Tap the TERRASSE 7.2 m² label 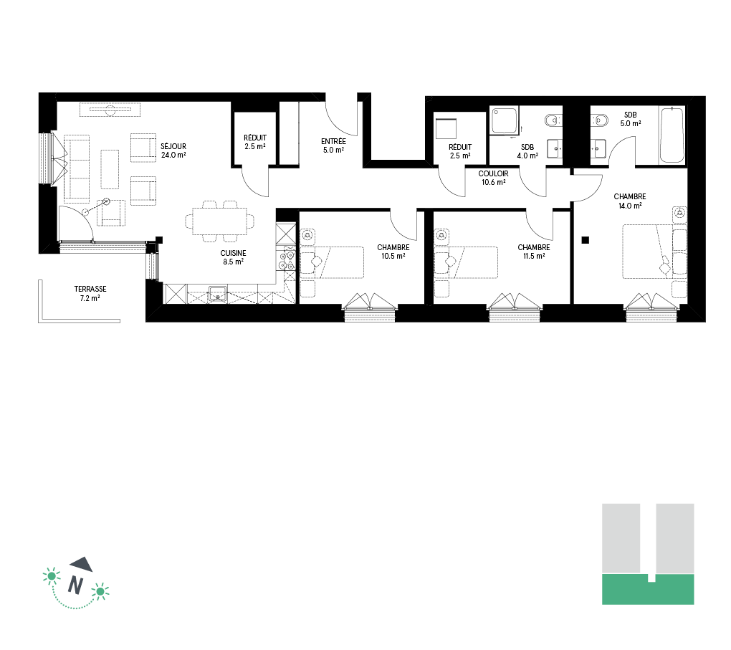click(90, 293)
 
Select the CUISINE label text click(233, 253)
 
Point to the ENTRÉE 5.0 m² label click(333, 145)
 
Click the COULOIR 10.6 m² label click(493, 178)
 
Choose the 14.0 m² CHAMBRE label click(630, 201)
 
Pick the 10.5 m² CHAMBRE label click(393, 252)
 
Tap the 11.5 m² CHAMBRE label click(534, 252)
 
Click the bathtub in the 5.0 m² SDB click(672, 135)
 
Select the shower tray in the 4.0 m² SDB click(505, 121)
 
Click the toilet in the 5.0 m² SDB click(599, 121)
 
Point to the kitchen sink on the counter click(218, 294)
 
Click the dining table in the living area click(219, 221)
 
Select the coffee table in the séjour click(110, 169)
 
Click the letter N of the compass click(75, 585)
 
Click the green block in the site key click(648, 589)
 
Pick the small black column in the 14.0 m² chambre click(586, 240)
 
